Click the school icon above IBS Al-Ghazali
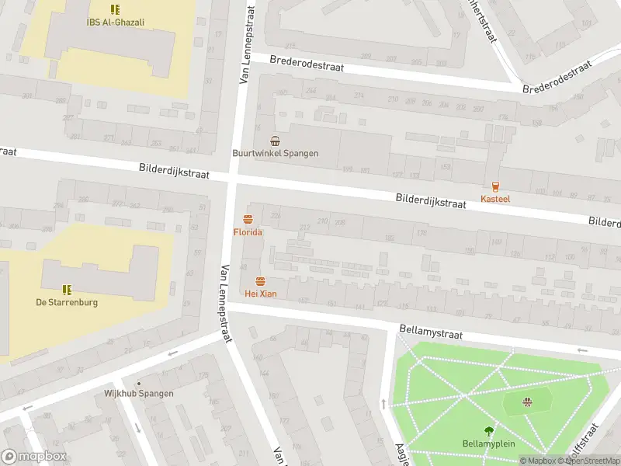[115, 9]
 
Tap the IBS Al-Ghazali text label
[115, 23]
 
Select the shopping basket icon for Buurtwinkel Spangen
[275, 141]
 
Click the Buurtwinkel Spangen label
[275, 153]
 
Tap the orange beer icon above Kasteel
[495, 186]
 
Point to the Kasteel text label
[495, 200]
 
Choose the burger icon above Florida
[248, 219]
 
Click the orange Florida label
[248, 232]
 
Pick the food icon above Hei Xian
[260, 280]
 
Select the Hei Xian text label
[260, 294]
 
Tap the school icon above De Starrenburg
[67, 289]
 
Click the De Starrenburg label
[67, 302]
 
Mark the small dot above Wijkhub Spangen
[139, 383]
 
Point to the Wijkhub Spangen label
[139, 393]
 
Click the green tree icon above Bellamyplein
[488, 431]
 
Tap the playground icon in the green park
[527, 401]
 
